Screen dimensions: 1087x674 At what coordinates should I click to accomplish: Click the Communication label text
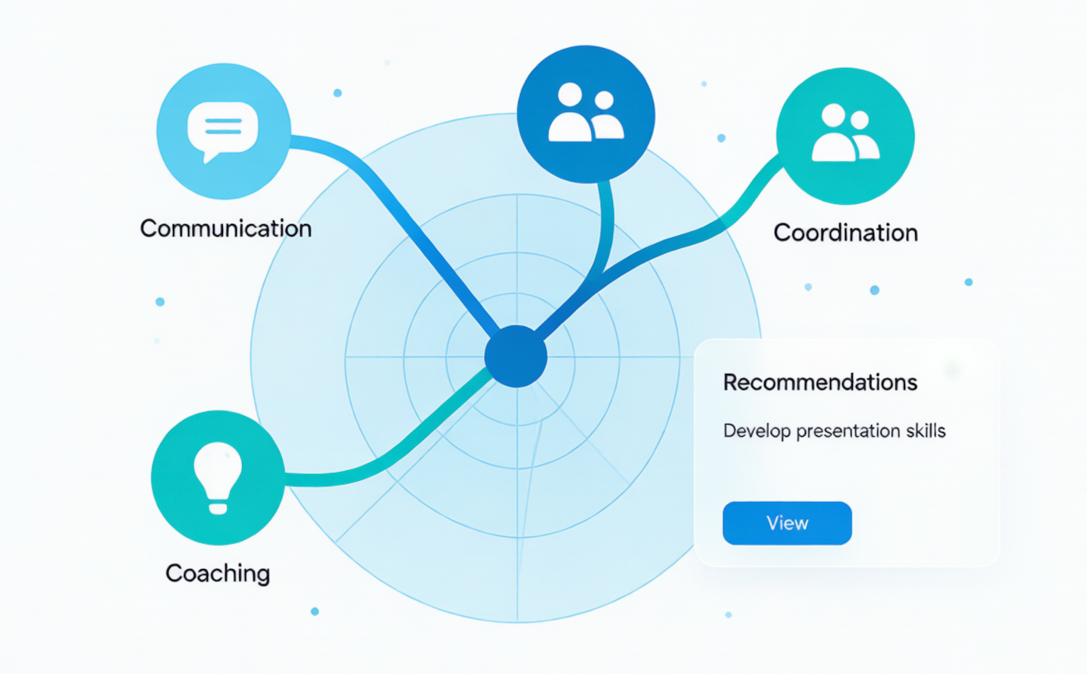pos(226,229)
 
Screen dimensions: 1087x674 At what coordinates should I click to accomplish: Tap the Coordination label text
pos(846,233)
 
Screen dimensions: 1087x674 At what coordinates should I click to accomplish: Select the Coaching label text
pos(217,573)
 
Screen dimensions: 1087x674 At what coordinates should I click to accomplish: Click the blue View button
pos(787,523)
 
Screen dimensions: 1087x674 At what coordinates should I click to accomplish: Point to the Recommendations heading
pos(820,382)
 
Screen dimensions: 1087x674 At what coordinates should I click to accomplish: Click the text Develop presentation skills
pos(834,431)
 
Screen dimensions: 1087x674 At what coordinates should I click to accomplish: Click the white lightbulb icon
pos(218,478)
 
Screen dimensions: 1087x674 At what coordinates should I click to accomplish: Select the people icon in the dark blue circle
pos(586,112)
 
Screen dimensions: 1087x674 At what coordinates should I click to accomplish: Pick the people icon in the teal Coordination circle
pos(846,132)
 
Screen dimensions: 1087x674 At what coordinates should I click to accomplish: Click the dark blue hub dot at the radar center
pos(516,356)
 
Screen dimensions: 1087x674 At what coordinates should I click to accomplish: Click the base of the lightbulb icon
pos(218,508)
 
